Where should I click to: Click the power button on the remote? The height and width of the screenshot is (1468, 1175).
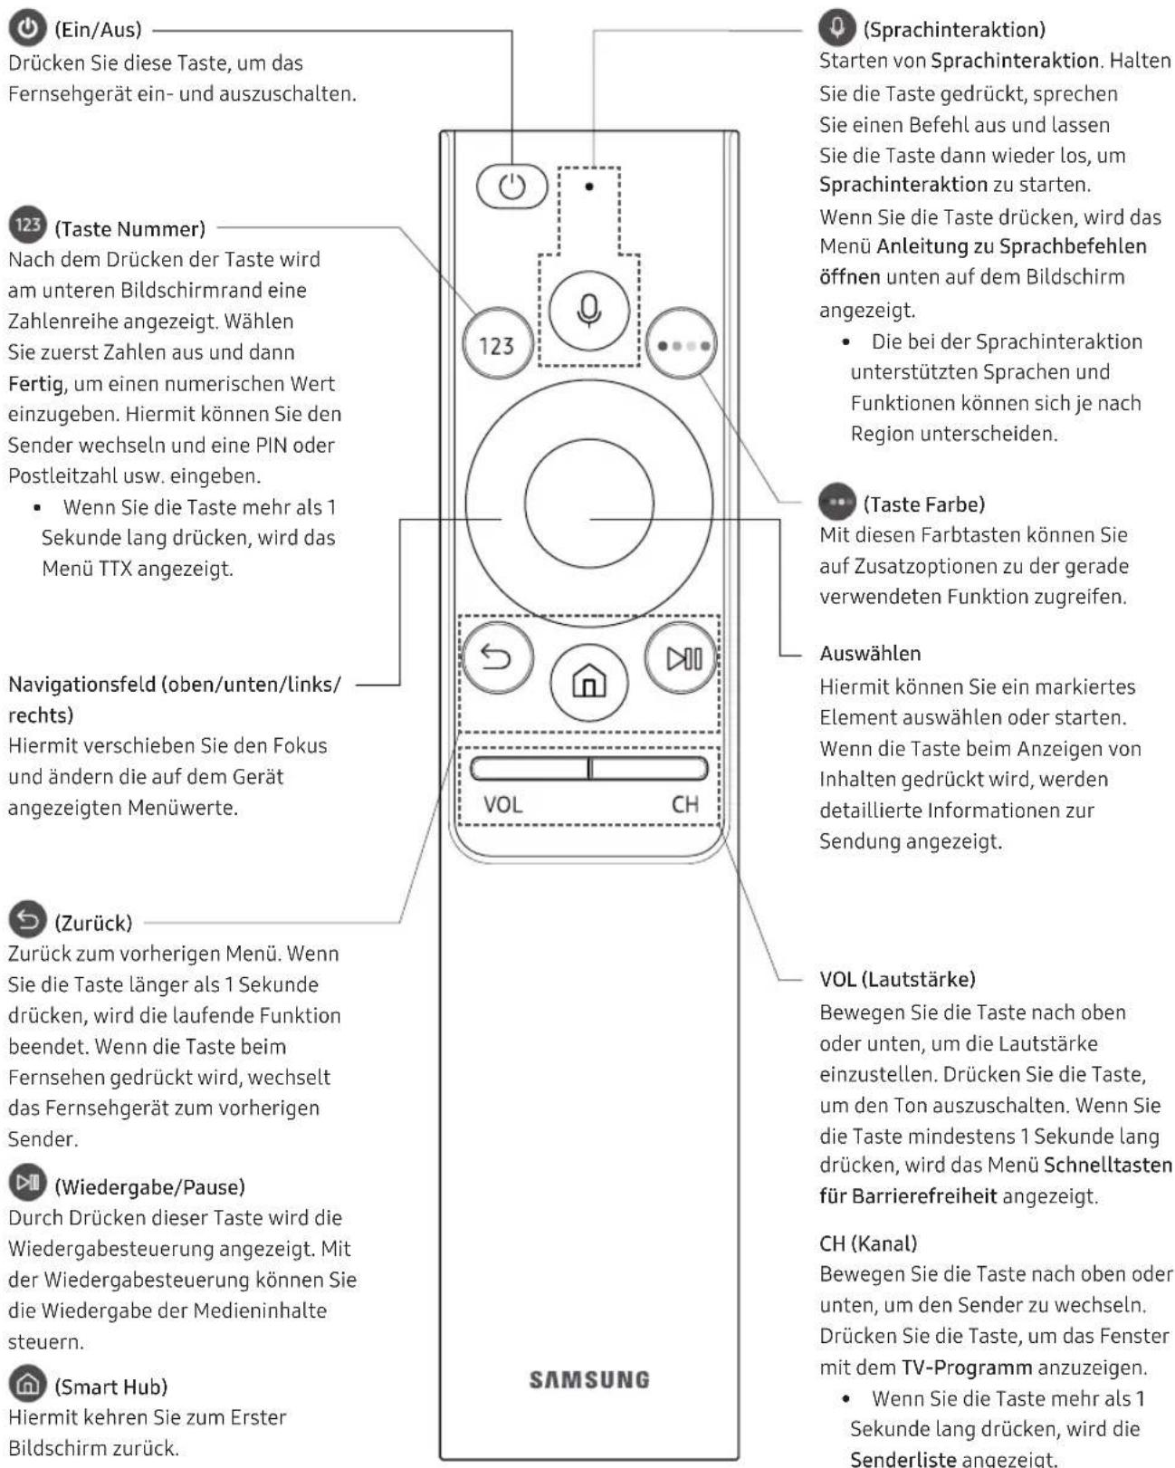[512, 187]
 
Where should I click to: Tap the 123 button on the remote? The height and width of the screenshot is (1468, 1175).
[496, 345]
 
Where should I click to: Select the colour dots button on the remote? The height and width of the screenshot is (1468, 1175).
[682, 345]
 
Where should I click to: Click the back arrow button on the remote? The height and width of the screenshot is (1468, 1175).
[496, 657]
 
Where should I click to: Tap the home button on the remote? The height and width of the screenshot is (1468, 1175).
[589, 680]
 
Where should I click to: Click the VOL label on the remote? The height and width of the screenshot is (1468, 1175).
[502, 805]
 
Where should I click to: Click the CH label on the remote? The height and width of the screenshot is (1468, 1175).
[685, 805]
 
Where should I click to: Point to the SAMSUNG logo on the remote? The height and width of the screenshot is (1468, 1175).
[589, 1380]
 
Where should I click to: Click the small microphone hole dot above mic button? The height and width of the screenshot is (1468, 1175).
[589, 187]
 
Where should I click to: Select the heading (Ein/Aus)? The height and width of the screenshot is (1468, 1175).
[98, 30]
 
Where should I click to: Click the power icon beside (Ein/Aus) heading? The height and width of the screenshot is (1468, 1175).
[28, 28]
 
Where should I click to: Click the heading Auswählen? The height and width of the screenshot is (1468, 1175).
[870, 654]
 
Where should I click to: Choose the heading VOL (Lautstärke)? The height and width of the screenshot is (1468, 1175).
[897, 979]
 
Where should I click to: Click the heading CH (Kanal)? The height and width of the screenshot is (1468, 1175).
[868, 1243]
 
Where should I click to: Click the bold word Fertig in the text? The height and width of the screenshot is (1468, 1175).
[35, 384]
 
